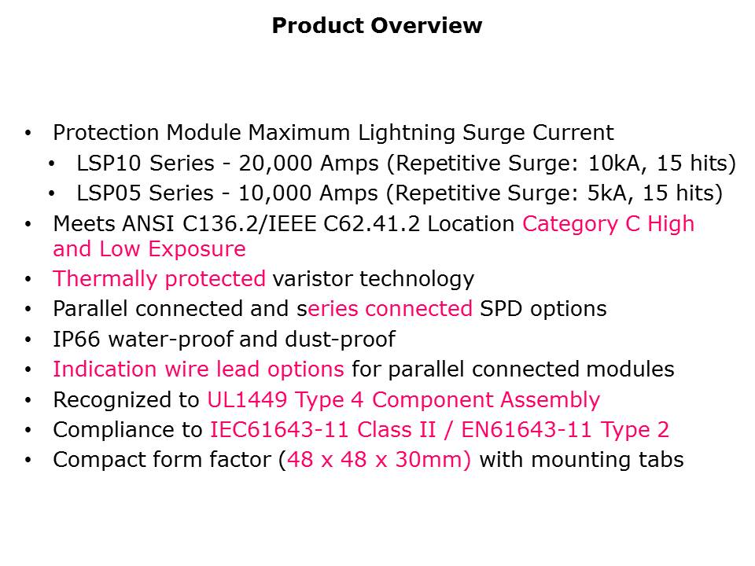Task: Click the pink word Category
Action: (569, 225)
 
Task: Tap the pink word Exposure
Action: (197, 250)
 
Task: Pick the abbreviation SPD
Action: (501, 308)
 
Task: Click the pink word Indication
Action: (105, 369)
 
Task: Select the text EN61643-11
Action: (526, 430)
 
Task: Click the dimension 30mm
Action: (433, 460)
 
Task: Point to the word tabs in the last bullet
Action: (661, 460)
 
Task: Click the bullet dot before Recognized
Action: (28, 400)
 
